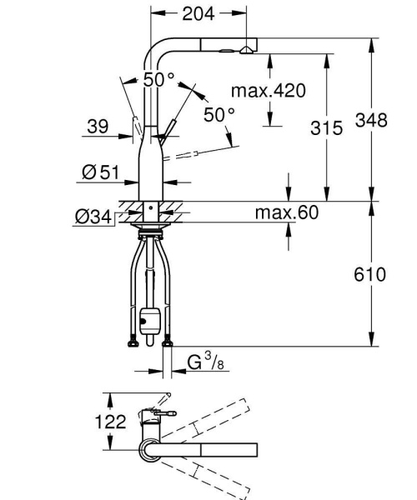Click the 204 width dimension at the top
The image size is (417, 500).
click(198, 13)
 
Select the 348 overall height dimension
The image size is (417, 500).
click(370, 121)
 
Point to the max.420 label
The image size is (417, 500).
click(268, 90)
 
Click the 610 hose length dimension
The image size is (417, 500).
click(369, 273)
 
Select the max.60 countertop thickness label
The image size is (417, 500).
click(286, 213)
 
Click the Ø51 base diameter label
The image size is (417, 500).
click(101, 172)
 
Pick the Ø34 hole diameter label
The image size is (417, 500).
click(93, 217)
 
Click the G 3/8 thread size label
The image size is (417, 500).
click(203, 363)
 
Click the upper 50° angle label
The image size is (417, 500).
click(158, 80)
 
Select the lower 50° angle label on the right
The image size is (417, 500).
click(219, 115)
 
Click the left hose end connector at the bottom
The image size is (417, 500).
click(131, 341)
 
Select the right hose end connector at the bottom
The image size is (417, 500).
click(169, 341)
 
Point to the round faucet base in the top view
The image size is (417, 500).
click(150, 449)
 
